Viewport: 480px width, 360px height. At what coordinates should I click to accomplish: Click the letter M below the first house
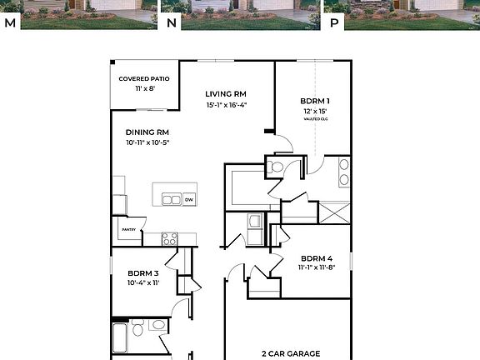point(10,23)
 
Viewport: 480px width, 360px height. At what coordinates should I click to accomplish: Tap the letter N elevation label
point(172,23)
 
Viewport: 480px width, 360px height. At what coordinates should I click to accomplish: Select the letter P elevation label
point(334,23)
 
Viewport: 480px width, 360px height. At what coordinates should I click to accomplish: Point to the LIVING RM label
point(227,94)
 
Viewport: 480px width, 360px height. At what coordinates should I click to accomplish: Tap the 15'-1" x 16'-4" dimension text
point(227,105)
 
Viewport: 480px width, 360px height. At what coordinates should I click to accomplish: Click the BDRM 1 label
point(315,100)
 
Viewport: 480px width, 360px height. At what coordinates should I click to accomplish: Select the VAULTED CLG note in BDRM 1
point(315,119)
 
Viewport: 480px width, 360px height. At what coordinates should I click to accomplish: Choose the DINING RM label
point(147,132)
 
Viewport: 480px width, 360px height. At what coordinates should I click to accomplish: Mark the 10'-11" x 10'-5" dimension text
point(147,143)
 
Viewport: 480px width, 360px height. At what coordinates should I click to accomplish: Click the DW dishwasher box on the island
point(189,200)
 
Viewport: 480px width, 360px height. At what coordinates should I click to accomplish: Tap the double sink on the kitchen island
point(171,200)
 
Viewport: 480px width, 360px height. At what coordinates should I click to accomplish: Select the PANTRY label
point(128,229)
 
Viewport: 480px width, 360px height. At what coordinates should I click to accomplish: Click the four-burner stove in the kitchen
point(169,238)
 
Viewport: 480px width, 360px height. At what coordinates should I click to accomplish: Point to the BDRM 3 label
point(142,272)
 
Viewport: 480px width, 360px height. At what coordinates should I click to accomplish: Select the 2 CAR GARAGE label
point(291,353)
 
